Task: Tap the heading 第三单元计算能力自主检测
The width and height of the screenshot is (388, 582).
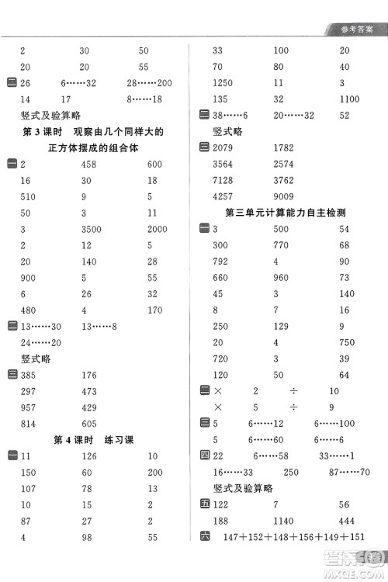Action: [285, 213]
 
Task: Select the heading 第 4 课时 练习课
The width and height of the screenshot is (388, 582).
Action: [93, 440]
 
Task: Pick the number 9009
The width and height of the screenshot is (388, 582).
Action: [283, 196]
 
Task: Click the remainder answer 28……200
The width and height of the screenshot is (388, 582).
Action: [149, 83]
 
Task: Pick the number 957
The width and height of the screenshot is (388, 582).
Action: [29, 407]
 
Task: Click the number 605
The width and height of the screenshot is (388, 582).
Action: [89, 424]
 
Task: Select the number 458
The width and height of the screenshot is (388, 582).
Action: [89, 164]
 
